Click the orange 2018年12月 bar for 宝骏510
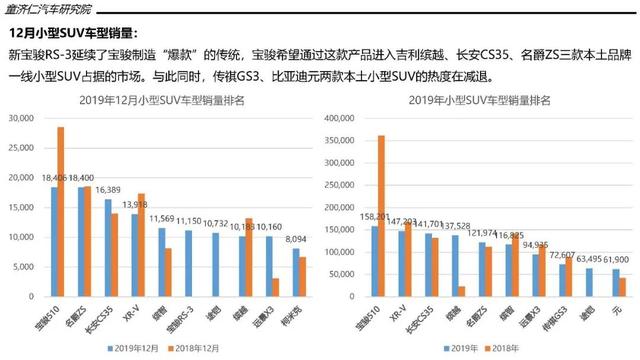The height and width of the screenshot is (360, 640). (x=60, y=201)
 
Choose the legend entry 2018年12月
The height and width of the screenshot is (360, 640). (x=211, y=348)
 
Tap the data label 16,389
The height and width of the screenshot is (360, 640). (x=108, y=189)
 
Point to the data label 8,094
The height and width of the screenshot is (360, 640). (x=295, y=240)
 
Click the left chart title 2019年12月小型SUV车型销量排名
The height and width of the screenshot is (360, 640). (x=170, y=101)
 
